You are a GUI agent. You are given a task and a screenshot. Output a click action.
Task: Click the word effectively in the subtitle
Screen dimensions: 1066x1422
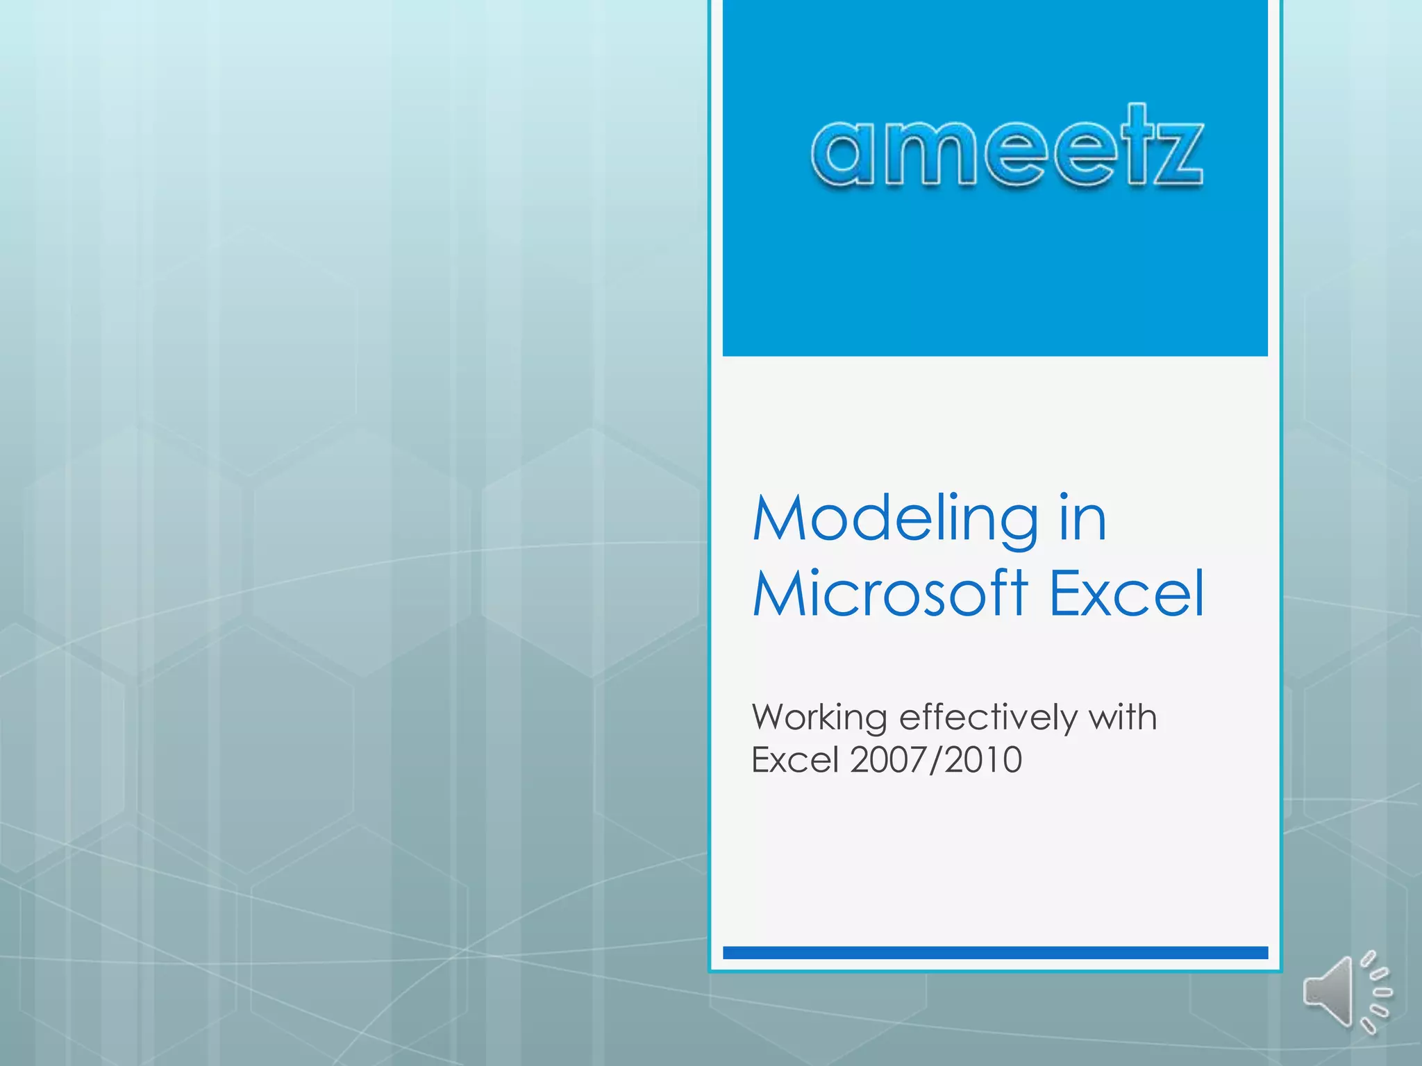tap(987, 718)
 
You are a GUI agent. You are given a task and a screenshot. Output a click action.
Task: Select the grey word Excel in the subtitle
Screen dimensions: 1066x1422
tap(796, 760)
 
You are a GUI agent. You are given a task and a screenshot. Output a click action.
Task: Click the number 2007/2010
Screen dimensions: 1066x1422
tap(936, 760)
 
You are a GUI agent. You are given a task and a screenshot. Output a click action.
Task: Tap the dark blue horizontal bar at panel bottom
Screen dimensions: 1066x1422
tap(995, 953)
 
